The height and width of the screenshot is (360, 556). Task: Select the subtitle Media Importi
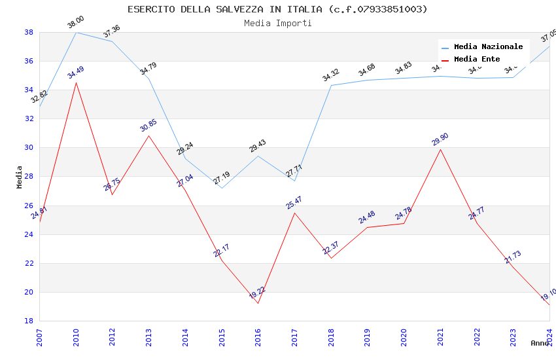[277, 23]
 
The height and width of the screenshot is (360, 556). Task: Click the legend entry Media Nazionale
[488, 46]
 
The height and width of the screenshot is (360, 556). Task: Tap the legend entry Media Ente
[477, 59]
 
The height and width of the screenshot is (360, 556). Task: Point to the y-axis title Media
[20, 177]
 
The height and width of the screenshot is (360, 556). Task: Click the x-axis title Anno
[540, 343]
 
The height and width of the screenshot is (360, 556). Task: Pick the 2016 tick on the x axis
[258, 337]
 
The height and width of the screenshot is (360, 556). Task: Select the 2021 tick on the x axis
[440, 337]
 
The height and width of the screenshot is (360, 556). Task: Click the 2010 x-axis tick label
[76, 337]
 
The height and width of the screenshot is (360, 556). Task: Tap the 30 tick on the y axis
[29, 148]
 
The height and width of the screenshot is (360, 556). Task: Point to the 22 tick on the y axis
[29, 263]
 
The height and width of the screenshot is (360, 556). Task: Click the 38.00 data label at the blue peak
[76, 23]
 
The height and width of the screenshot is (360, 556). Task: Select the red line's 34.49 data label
[76, 73]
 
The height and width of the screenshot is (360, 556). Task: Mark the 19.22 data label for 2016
[257, 293]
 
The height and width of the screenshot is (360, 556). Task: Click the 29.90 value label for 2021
[440, 139]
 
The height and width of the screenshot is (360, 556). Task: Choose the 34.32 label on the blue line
[331, 75]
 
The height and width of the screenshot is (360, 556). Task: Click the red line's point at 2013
[149, 135]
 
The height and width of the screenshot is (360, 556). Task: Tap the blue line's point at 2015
[222, 189]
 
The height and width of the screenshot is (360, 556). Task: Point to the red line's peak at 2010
[76, 82]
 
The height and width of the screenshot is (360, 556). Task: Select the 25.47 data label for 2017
[294, 203]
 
